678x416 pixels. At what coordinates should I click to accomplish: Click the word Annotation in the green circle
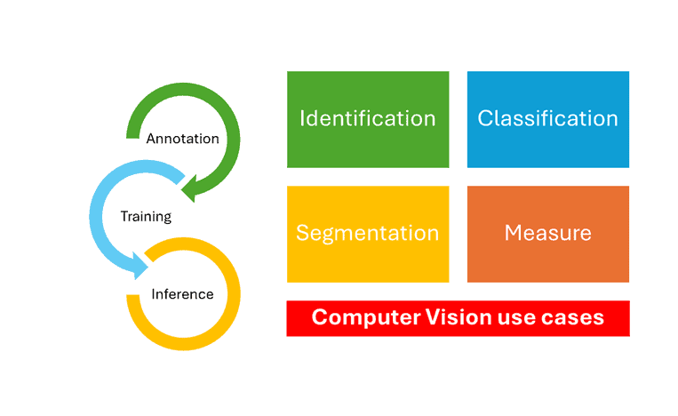click(182, 139)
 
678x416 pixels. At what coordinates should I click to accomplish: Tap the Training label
click(146, 216)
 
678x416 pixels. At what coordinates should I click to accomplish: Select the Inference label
click(182, 294)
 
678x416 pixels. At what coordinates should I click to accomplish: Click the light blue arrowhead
click(140, 266)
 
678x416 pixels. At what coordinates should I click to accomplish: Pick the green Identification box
click(368, 119)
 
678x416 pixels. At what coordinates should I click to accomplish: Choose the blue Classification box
click(548, 119)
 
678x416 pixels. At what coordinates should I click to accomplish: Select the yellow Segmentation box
click(368, 234)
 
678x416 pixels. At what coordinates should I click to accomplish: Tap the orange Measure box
click(548, 234)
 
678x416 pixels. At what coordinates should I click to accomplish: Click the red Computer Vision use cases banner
click(458, 318)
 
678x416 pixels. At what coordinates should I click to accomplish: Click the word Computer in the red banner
click(366, 318)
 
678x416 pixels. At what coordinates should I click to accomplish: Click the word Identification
click(368, 118)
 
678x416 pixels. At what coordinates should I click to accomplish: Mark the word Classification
click(548, 118)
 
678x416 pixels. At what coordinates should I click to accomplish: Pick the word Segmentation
click(368, 234)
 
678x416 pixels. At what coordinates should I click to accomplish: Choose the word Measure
click(548, 233)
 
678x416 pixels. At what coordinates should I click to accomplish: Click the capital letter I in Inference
click(154, 294)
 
